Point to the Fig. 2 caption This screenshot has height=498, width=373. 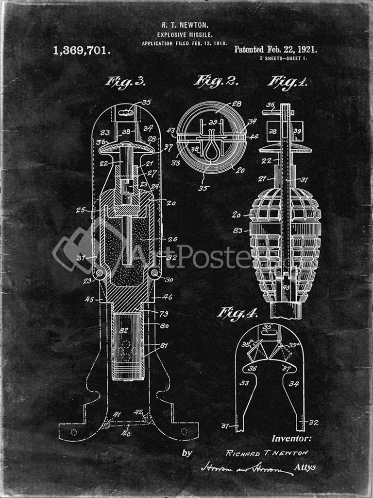click(x=216, y=81)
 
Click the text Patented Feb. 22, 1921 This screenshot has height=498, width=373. click(x=275, y=49)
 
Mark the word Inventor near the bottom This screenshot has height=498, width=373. click(x=291, y=438)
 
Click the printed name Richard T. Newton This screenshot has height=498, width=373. click(x=267, y=453)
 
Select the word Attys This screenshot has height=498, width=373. click(x=305, y=467)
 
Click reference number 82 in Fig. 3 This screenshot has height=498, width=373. click(x=124, y=330)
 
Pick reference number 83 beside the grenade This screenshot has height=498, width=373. click(x=237, y=230)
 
